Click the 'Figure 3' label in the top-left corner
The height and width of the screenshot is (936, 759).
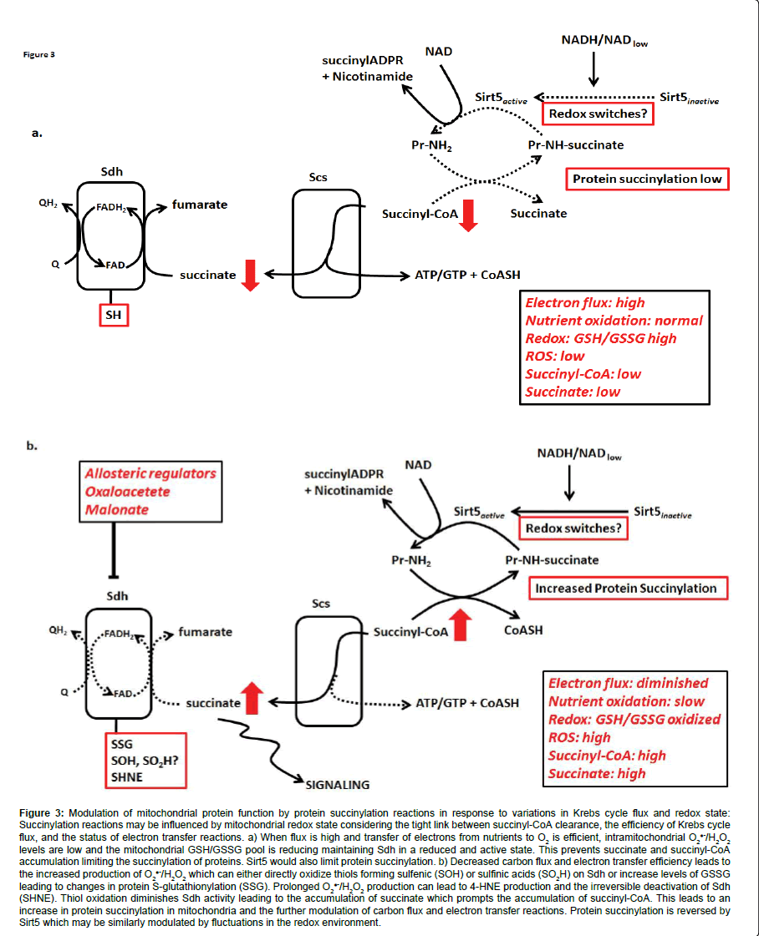pyautogui.click(x=38, y=55)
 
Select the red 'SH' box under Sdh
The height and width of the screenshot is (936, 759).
pyautogui.click(x=111, y=314)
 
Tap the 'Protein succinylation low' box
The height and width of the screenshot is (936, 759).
pyautogui.click(x=647, y=179)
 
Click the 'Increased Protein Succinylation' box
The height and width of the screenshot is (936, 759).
pyautogui.click(x=626, y=588)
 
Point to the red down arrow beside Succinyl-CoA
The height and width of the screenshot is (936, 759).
pyautogui.click(x=468, y=215)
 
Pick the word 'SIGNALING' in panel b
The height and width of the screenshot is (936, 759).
pyautogui.click(x=338, y=784)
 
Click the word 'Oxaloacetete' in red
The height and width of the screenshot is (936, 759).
pyautogui.click(x=127, y=491)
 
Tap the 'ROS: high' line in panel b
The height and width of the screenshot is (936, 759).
pyautogui.click(x=579, y=737)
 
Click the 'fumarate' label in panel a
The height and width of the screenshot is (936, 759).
pyautogui.click(x=200, y=204)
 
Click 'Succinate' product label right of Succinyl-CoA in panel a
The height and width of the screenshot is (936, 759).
pyautogui.click(x=538, y=213)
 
